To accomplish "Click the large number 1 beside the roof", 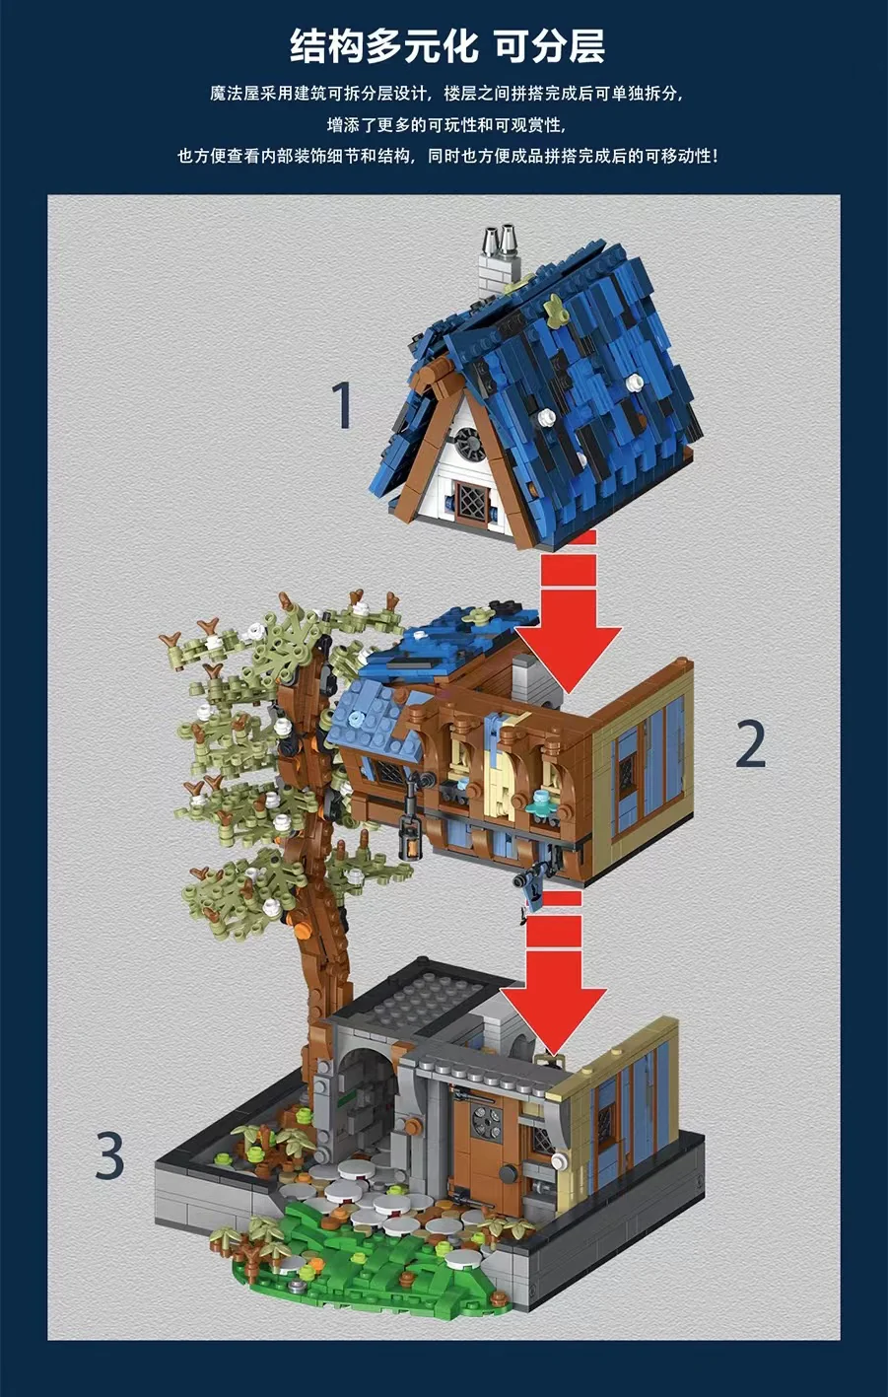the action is tap(342, 405).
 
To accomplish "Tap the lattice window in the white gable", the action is tap(468, 500).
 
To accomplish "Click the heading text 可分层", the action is tap(550, 46).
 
